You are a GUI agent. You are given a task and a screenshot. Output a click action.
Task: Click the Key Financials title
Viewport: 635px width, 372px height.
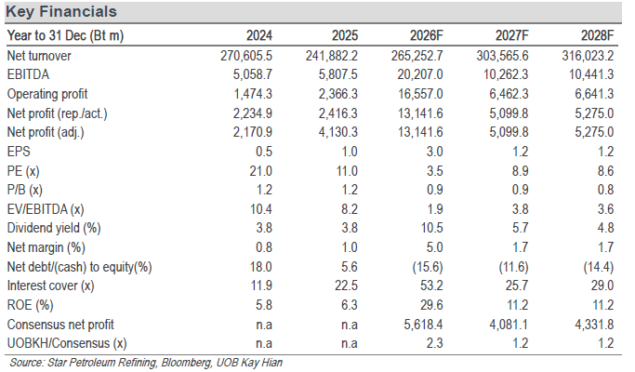point(61,12)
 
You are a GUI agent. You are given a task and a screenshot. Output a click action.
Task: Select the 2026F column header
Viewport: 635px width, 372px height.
point(427,35)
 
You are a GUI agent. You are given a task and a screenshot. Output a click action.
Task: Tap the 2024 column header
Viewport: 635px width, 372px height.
point(259,35)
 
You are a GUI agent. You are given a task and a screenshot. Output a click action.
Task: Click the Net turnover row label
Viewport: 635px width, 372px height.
point(39,56)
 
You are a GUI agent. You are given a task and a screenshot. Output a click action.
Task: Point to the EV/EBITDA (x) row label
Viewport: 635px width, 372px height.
point(46,209)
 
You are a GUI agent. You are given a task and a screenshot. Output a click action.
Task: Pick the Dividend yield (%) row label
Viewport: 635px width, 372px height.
point(54,228)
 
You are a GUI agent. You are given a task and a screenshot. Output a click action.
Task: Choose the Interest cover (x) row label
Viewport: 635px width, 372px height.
point(50,286)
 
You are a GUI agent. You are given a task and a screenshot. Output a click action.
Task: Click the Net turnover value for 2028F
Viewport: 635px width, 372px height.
point(588,56)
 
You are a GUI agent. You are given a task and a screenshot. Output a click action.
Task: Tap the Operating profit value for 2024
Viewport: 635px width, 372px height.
point(253,94)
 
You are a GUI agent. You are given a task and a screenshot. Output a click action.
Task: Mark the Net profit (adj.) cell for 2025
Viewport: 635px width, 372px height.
point(338,132)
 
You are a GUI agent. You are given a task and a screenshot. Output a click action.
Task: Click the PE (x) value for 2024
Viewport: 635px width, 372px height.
point(261,171)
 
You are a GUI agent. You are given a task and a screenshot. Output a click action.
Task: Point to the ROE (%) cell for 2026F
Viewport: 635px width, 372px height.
point(431,305)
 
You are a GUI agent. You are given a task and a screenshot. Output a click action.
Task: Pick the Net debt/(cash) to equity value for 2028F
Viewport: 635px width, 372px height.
point(599,267)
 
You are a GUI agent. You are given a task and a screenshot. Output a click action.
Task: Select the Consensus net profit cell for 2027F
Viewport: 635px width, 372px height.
point(509,325)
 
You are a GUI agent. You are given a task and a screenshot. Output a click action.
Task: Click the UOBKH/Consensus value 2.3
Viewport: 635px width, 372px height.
point(434,343)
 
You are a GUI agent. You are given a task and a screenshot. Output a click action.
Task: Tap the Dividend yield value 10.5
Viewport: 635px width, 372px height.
point(431,228)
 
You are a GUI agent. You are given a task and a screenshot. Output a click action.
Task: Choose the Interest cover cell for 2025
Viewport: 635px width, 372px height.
point(346,286)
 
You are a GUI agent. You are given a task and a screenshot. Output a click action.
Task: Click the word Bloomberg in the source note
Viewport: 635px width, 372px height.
point(186,363)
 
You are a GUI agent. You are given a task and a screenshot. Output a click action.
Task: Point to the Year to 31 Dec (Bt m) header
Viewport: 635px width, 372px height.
point(65,35)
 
